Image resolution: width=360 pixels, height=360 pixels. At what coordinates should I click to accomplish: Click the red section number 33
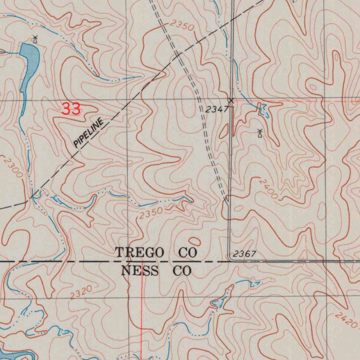[x=71, y=109]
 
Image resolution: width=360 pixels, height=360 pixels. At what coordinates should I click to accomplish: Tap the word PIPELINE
[x=89, y=133]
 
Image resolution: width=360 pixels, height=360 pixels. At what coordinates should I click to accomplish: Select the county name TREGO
[x=140, y=252]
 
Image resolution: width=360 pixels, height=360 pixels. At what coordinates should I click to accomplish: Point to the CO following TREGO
[x=188, y=252]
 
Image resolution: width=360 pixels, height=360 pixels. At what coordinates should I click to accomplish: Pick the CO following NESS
[x=182, y=271]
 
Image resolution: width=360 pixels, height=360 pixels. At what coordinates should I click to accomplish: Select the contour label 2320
[x=81, y=292]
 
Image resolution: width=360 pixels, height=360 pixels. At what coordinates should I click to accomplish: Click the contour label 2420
[x=346, y=319]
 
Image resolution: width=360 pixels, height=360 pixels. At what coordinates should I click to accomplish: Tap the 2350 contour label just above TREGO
[x=151, y=213]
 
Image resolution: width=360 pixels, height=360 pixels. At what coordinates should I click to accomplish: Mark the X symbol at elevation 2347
[x=231, y=101]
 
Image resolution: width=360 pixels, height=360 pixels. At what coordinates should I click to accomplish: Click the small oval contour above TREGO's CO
[x=194, y=241]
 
